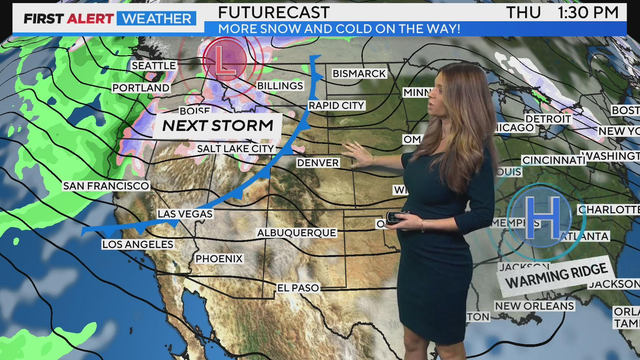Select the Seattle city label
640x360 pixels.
[x=153, y=66]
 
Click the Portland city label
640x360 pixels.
[x=141, y=88]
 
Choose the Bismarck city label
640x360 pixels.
[x=359, y=74]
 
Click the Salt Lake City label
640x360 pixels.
[x=235, y=149]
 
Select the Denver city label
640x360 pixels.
[x=318, y=163]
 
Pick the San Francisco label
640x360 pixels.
[x=106, y=186]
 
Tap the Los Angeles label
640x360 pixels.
[x=138, y=244]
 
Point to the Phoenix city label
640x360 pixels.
[x=219, y=258]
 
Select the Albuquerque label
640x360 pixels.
[x=297, y=232]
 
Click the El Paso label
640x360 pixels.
[x=299, y=289]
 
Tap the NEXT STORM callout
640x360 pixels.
[x=218, y=126]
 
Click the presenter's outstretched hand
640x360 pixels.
[x=355, y=153]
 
